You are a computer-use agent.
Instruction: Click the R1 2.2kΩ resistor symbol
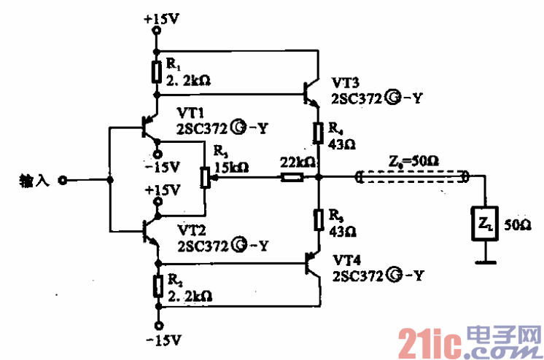click(157, 72)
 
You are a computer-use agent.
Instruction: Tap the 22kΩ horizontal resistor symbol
click(292, 176)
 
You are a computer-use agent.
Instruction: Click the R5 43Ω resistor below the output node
click(319, 219)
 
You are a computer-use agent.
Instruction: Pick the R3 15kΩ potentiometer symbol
click(205, 177)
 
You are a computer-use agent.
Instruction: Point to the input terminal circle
click(63, 179)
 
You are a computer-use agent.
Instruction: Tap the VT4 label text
click(349, 260)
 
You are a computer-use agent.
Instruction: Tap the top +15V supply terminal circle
click(157, 31)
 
